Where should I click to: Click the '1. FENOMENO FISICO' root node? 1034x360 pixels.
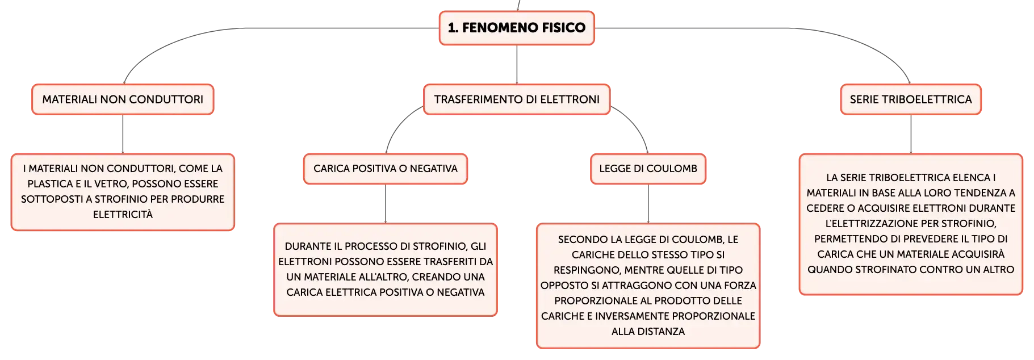517,28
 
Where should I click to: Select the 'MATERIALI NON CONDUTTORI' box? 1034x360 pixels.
123,99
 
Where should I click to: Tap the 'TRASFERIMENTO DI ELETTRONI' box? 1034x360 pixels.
517,99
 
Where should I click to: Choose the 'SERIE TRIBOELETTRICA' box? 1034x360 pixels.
911,99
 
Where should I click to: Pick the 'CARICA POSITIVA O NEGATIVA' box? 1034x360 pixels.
386,169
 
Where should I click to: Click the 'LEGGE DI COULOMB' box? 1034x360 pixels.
648,169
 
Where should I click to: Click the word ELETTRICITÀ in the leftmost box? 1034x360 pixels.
123,215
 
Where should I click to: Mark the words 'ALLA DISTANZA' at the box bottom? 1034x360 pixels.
648,332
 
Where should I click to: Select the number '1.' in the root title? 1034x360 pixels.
453,28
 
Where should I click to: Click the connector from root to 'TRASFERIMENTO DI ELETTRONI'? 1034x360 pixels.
517,65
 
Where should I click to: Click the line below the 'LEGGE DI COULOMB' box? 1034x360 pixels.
648,204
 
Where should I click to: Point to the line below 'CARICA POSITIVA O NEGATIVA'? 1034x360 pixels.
386,204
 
